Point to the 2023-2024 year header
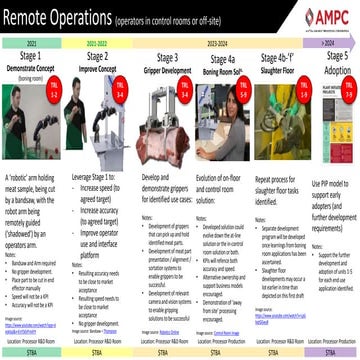click(218, 45)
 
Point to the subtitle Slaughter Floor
click(272, 71)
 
